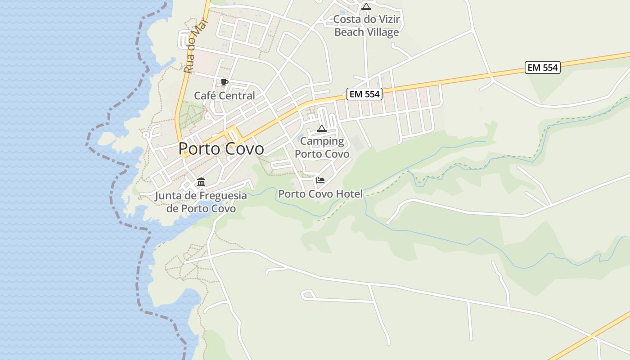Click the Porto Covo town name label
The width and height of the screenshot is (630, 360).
click(x=221, y=148)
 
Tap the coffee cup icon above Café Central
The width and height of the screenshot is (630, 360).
click(x=224, y=82)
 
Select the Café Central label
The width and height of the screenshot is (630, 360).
click(x=224, y=95)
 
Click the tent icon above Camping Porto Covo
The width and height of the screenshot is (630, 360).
click(x=321, y=129)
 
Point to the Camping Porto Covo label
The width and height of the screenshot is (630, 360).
click(x=322, y=148)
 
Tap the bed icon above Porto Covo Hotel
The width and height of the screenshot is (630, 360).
click(x=320, y=180)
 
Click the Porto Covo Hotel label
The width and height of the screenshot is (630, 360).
click(x=320, y=194)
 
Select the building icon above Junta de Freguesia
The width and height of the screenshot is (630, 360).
click(x=201, y=182)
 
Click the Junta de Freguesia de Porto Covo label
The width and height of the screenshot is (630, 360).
click(x=201, y=202)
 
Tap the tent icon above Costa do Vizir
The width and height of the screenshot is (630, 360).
click(x=366, y=7)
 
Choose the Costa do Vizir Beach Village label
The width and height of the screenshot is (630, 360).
click(x=366, y=26)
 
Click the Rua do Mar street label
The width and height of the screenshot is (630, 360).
click(x=195, y=45)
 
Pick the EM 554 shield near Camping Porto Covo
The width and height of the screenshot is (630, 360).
click(x=364, y=94)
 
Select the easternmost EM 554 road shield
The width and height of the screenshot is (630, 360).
click(x=542, y=67)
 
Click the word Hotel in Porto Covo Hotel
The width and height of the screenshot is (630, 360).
click(x=348, y=194)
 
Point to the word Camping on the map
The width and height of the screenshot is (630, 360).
click(x=322, y=141)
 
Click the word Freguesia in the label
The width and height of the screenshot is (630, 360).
click(x=218, y=196)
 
